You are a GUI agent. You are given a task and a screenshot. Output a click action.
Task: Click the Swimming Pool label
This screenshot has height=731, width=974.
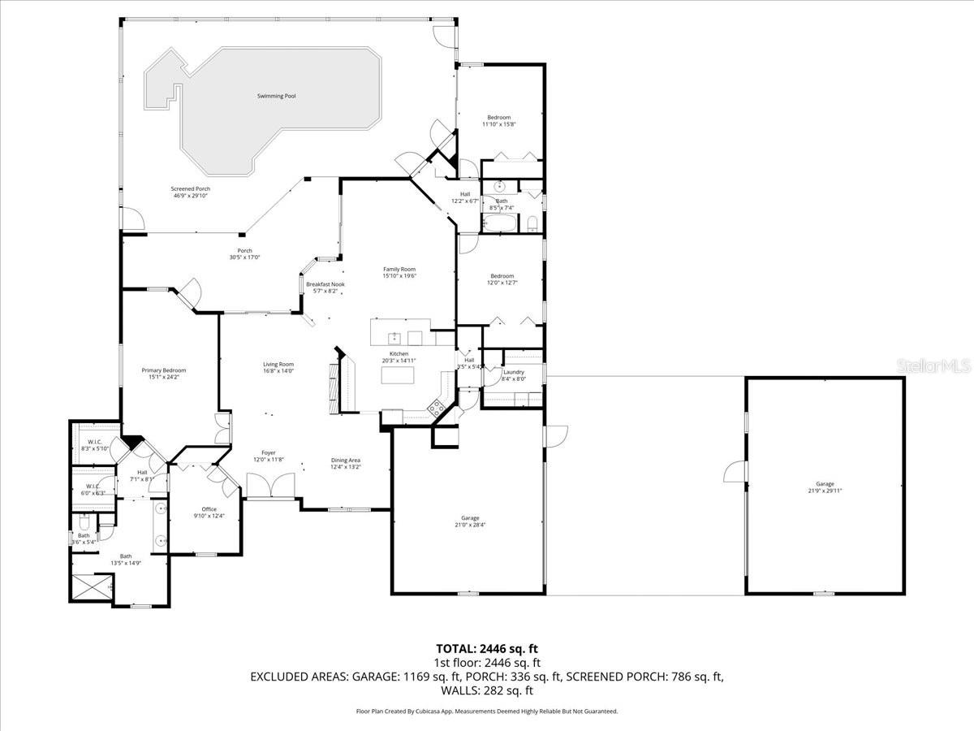pos(276,96)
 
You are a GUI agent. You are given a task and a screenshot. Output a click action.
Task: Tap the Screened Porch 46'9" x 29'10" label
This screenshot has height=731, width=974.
pos(190,192)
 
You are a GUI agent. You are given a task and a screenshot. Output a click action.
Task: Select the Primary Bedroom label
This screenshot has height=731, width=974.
pos(163,373)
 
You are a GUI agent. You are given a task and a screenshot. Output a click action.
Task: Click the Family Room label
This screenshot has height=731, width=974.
pos(399,272)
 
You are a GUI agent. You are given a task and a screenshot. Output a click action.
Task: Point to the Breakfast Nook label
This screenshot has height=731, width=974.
pos(325,288)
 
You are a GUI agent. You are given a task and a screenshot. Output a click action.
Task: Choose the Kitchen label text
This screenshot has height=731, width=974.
pos(399,357)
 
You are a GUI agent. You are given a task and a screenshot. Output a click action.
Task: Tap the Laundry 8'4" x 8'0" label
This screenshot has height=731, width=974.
pos(514,375)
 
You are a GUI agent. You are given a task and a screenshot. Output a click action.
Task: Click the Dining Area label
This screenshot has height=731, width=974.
pos(345,463)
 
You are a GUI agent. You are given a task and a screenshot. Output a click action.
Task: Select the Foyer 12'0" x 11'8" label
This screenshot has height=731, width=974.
pos(268,456)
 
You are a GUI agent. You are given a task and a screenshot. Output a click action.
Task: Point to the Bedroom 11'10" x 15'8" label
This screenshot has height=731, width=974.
pos(498,120)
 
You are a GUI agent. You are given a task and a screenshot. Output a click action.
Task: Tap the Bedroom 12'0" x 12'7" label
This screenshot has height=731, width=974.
pos(502,279)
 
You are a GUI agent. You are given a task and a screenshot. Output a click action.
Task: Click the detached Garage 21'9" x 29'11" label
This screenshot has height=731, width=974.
pos(825,487)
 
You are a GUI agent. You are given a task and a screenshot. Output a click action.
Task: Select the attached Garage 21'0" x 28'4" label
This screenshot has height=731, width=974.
pos(470,521)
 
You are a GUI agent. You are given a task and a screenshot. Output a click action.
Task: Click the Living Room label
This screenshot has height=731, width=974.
pos(278,368)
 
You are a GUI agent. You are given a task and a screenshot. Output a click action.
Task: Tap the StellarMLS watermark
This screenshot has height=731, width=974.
pos(933,367)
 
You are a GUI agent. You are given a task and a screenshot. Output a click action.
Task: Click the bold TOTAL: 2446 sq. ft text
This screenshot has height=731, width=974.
pos(487,648)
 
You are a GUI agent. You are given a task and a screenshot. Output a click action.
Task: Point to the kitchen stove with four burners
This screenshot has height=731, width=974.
pos(437,405)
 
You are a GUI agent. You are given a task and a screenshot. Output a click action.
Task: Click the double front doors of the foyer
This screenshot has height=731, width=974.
pos(272,487)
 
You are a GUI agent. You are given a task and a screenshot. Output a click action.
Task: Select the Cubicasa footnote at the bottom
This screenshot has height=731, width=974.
pos(487,711)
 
